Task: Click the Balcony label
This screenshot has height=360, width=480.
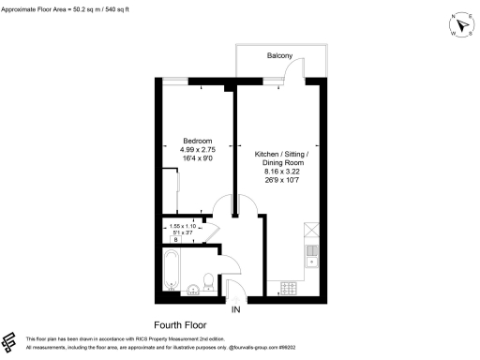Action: click(280, 56)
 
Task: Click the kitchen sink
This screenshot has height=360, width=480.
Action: click(312, 253)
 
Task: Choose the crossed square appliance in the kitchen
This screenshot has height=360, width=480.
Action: click(312, 228)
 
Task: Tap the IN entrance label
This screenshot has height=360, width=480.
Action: click(237, 308)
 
